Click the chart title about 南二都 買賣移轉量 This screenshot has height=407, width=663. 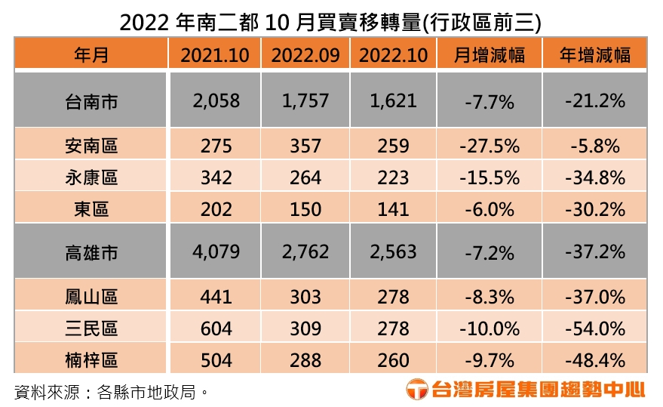tap(330, 20)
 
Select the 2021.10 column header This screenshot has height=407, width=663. tap(215, 55)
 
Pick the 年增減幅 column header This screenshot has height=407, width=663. tap(594, 55)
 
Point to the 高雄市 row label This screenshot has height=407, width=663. tap(91, 252)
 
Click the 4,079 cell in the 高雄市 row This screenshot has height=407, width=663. tap(215, 252)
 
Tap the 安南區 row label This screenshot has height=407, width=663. tap(91, 146)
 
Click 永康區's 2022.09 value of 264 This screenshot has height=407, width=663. tap(305, 177)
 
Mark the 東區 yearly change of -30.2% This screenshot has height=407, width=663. tap(594, 208)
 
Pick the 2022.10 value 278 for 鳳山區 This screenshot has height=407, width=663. tap(393, 298)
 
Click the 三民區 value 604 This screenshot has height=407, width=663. tap(215, 328)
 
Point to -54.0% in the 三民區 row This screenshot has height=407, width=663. tap(594, 328)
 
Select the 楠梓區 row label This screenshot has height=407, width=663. tap(91, 359)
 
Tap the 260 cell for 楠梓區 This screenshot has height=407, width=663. tap(393, 359)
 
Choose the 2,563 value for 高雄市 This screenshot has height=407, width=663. tap(393, 252)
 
